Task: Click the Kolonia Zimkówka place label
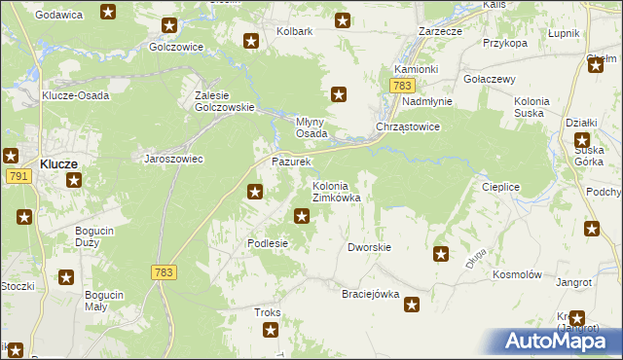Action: point(336,192)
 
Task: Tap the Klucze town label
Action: point(59,164)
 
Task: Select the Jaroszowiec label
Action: point(173,159)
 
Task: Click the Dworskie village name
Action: point(369,247)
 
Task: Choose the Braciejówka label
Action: point(371,294)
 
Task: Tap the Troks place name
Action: point(267,312)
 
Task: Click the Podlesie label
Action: point(268,243)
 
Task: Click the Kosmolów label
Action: point(517,275)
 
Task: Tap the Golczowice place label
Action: point(175,46)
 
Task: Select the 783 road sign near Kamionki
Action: point(403,87)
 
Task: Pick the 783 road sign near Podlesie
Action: point(164,273)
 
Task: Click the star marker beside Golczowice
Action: point(169,26)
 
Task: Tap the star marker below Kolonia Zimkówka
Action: point(303,215)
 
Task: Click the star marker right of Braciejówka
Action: point(413,305)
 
